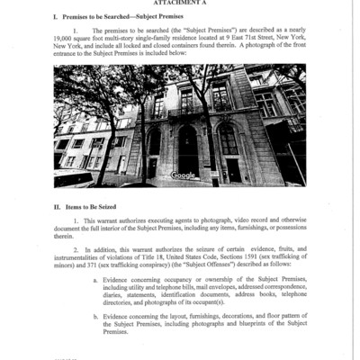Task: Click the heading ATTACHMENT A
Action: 180,4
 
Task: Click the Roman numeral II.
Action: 58,207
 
